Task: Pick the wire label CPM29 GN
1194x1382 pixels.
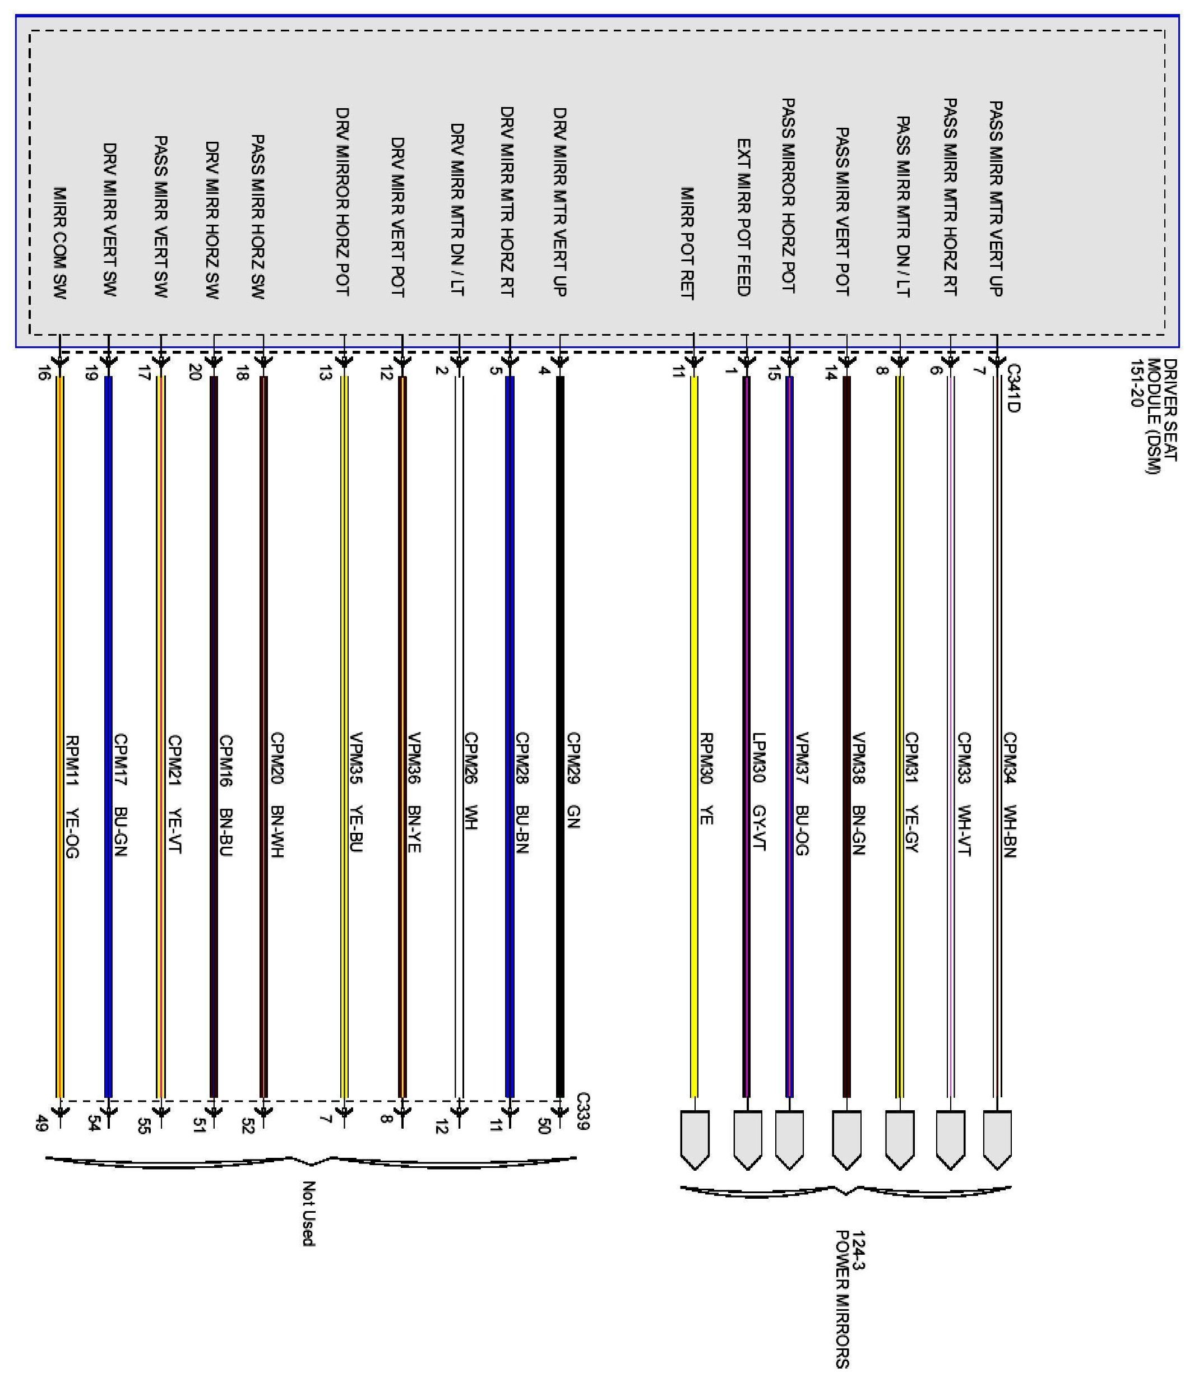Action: tap(573, 780)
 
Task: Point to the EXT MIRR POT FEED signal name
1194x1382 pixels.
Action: tap(744, 217)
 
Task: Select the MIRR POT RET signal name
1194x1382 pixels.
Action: tap(687, 243)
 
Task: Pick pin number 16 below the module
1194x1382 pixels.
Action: tap(43, 373)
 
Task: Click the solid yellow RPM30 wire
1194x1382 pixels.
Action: tap(694, 667)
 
